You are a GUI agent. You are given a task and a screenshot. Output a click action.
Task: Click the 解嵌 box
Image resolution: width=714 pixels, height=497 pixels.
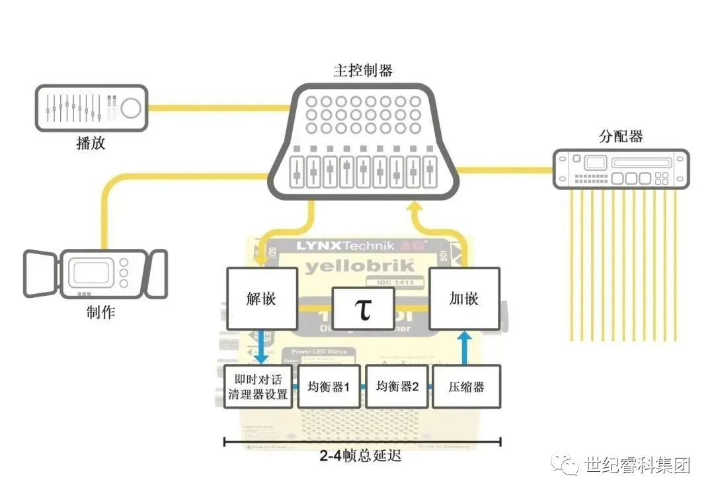(261, 298)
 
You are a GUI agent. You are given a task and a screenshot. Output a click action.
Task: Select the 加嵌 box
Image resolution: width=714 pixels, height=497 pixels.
(464, 298)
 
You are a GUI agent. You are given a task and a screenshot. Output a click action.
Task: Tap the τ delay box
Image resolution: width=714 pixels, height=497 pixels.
(364, 308)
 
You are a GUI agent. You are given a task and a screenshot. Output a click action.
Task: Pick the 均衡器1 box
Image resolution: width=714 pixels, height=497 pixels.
(329, 386)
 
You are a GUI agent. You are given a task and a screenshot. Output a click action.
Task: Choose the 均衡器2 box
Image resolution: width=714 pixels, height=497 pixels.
(397, 386)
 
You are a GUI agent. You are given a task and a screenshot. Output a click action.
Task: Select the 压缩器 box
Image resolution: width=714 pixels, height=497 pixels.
(466, 386)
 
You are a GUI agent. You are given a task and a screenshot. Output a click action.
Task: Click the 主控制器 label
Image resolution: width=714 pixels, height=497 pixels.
(362, 70)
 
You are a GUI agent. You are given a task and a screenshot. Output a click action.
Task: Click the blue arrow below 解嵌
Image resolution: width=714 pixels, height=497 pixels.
(261, 347)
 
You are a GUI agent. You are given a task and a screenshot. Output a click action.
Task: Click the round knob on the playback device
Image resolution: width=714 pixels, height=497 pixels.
(131, 108)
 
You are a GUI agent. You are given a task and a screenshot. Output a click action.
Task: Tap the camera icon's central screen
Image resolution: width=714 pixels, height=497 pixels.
(91, 273)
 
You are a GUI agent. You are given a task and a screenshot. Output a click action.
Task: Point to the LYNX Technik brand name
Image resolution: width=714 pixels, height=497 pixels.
(344, 246)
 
